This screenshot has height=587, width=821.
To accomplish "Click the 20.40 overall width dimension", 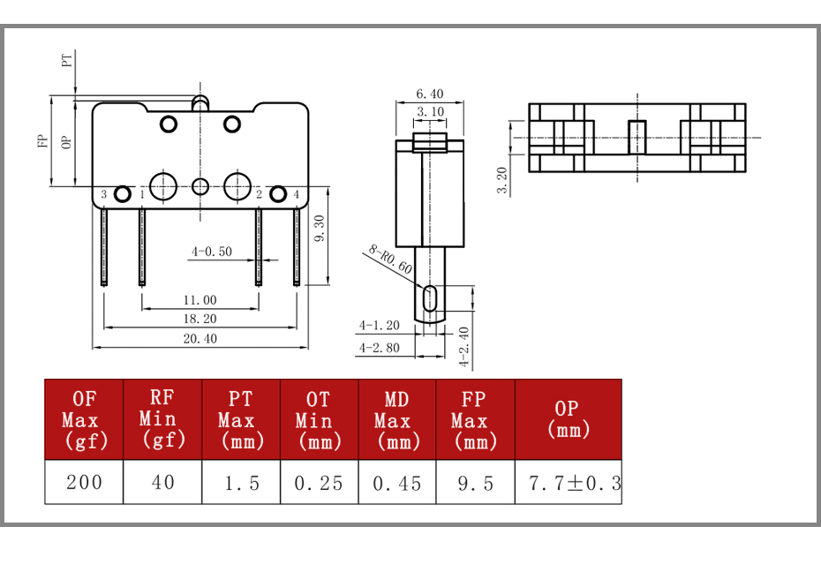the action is [x=200, y=339].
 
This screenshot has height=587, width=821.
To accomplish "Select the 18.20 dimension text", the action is [x=200, y=319].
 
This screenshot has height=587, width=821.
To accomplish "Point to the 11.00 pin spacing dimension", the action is [x=200, y=300].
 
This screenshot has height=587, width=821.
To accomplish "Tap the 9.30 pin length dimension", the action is [x=320, y=229].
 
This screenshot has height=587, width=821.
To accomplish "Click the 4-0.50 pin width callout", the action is [x=212, y=252].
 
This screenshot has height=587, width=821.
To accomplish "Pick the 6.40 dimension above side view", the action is [x=430, y=94].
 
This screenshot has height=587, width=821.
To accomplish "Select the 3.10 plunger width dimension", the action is [x=431, y=111].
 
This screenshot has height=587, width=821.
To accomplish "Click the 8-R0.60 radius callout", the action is [x=390, y=260].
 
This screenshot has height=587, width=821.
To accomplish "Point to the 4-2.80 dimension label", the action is [x=379, y=348].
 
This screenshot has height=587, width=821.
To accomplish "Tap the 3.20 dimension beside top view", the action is [x=501, y=180].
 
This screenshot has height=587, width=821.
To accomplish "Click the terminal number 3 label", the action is [x=103, y=195].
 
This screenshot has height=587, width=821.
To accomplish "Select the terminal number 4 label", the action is [x=297, y=195].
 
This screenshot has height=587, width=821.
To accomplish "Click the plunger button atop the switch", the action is [x=200, y=102].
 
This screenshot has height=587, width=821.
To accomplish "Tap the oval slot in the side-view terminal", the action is [x=430, y=298].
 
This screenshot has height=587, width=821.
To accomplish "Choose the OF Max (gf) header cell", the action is [x=84, y=419].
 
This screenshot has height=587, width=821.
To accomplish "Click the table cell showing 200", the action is [x=84, y=482].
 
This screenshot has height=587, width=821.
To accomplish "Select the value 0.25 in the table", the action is [x=319, y=483].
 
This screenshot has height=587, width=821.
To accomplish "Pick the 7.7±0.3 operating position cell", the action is [x=569, y=483].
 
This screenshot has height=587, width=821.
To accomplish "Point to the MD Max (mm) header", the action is [x=397, y=419].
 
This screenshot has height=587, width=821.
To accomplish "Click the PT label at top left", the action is [x=67, y=61].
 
